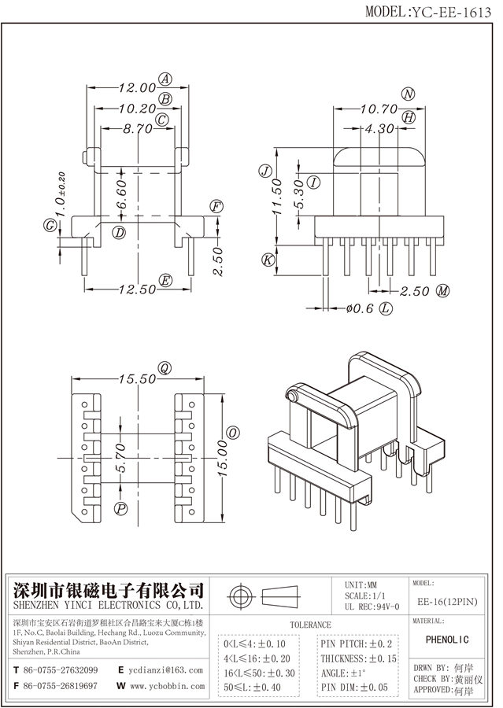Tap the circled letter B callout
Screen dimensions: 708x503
[165, 98]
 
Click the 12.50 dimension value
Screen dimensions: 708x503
[136, 289]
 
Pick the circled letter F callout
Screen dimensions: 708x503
[216, 207]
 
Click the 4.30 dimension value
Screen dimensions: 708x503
[379, 127]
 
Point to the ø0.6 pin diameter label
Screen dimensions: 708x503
[358, 308]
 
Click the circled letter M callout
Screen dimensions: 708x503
[443, 291]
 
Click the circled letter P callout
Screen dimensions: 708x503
[120, 509]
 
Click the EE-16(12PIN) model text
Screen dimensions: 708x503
[446, 601]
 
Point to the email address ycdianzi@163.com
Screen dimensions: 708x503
[166, 670]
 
